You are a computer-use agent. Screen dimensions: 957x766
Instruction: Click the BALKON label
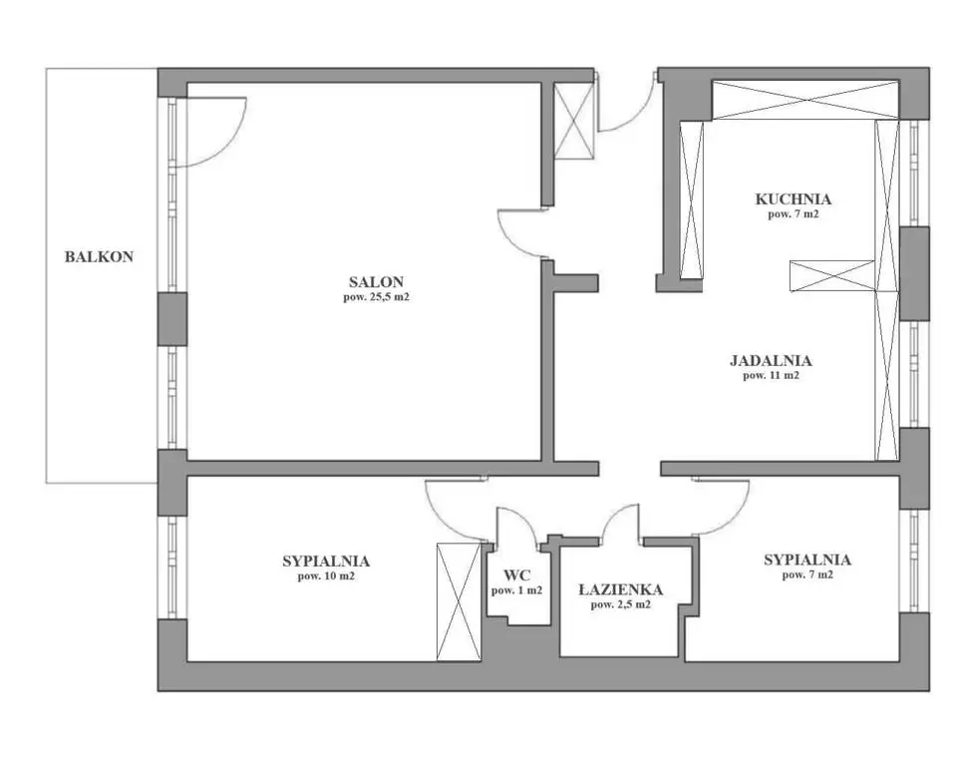point(99,256)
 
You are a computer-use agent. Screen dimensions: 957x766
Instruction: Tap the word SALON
point(376,282)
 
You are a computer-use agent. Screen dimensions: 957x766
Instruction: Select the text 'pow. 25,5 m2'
point(376,297)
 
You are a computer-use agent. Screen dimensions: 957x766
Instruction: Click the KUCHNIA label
point(793,199)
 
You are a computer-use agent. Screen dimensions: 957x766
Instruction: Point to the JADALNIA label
point(771,360)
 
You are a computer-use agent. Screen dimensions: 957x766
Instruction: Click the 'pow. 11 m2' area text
point(771,376)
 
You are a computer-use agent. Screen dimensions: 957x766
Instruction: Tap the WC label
point(517,575)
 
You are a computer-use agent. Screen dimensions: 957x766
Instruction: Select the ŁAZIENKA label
point(621,589)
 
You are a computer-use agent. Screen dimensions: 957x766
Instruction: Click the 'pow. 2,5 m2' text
point(621,604)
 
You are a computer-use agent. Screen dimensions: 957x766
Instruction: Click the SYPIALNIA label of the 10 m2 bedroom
point(326,561)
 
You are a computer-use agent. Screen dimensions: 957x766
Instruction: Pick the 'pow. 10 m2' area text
point(326,576)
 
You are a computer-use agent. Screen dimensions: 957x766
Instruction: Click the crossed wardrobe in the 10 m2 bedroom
point(459,601)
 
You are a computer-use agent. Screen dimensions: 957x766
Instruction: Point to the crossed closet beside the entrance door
point(574,121)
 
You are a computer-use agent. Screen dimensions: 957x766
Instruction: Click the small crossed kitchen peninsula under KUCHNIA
point(832,275)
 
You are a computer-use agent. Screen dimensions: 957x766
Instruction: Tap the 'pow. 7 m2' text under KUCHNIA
point(793,214)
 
